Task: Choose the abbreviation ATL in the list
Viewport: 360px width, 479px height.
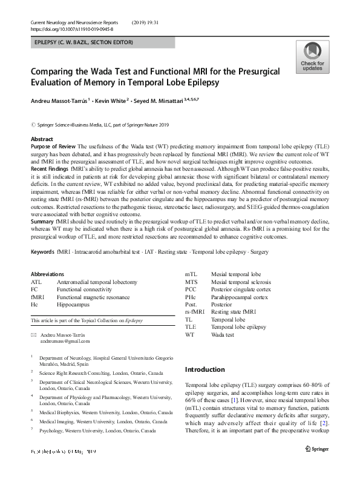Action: point(36,282)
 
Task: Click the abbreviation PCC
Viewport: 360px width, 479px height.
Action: point(191,290)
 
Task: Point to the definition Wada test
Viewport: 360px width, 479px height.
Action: point(222,334)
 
